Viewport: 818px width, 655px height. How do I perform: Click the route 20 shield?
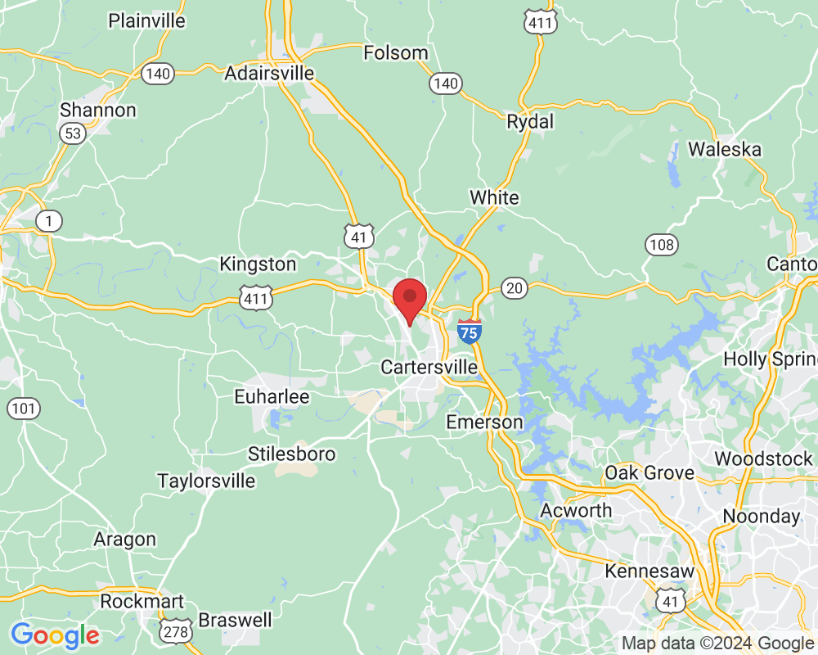pyautogui.click(x=515, y=287)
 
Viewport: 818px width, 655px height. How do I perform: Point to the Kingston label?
pyautogui.click(x=258, y=264)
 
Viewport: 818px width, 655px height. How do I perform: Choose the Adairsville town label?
pyautogui.click(x=269, y=74)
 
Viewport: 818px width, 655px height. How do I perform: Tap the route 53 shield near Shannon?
pyautogui.click(x=74, y=133)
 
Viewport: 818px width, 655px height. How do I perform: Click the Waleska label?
pyautogui.click(x=724, y=150)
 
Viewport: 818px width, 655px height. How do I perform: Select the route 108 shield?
pyautogui.click(x=660, y=243)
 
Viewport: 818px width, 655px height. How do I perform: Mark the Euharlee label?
pyautogui.click(x=272, y=397)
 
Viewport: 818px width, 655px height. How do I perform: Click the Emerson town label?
pyautogui.click(x=484, y=422)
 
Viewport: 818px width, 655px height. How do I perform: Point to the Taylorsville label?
pyautogui.click(x=206, y=481)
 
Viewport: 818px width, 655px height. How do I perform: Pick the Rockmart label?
pyautogui.click(x=142, y=602)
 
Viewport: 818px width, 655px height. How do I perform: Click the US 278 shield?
pyautogui.click(x=178, y=630)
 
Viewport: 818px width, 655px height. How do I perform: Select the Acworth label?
pyautogui.click(x=576, y=511)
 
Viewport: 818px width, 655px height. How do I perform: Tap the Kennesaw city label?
pyautogui.click(x=649, y=571)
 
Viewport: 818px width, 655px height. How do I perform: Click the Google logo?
pyautogui.click(x=55, y=635)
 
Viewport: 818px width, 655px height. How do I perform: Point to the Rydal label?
pyautogui.click(x=530, y=122)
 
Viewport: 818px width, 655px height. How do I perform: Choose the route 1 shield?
pyautogui.click(x=49, y=221)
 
